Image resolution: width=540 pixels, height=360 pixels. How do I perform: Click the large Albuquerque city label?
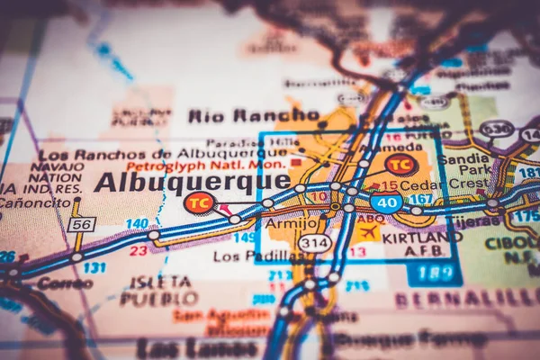192,183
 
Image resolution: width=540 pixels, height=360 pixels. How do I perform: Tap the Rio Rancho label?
242,115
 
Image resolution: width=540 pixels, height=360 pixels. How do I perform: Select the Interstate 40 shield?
386,202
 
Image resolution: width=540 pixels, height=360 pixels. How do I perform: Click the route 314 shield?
314,243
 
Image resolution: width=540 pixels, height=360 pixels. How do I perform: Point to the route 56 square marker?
81,224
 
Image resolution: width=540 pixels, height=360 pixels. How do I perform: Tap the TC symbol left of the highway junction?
200,202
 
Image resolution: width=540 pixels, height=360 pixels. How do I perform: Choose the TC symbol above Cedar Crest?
400,164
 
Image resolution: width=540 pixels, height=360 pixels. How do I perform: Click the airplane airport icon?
367,231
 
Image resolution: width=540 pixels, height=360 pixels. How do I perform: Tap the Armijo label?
292,223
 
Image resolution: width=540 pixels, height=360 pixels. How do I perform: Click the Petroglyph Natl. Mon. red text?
205,166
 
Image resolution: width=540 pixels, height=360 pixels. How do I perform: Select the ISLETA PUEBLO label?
159,290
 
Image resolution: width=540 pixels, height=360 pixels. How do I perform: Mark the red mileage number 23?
138,251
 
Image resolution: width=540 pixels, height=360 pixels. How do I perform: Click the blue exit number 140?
137,223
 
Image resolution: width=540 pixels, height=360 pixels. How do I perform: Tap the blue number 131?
94,267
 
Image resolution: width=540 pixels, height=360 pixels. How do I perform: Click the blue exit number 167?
419,199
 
